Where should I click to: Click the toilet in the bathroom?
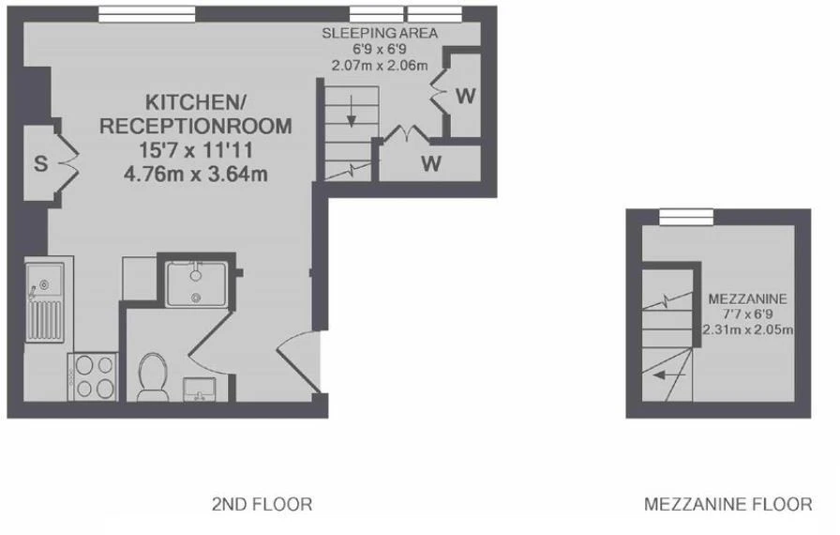point(152,376)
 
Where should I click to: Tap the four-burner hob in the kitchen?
point(93,376)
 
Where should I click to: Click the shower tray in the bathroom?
point(196,284)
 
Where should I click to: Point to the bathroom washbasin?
point(200,390)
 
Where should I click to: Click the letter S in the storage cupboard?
point(40,163)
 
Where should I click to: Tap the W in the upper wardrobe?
point(466,96)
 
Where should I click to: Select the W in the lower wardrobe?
point(431,163)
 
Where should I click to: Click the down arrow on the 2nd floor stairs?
point(352,112)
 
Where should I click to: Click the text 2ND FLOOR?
point(262,504)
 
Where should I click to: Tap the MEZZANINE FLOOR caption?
point(728,504)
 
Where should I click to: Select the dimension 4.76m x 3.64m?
point(196,174)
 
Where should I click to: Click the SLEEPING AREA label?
point(380,33)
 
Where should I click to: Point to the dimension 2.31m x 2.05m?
point(748,329)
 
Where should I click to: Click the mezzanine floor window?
point(686,217)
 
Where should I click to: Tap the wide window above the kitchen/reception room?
point(147,14)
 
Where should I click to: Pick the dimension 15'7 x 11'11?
point(196,150)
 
